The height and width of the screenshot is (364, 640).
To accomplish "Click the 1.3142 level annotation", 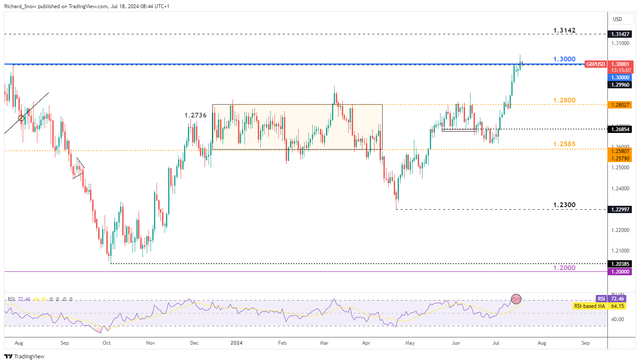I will coord(564,30).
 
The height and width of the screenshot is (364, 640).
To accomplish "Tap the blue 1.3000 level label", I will coord(564,59).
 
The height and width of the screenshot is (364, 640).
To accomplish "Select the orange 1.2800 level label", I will coord(564,100).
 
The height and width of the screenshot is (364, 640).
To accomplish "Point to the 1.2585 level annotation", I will coord(564,144).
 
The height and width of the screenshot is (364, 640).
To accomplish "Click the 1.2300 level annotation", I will coord(564,205).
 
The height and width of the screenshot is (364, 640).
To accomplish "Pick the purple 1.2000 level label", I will coord(564,268).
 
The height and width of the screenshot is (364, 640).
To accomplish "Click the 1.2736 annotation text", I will coord(196,115).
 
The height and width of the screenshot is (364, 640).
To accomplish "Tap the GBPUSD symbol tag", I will coord(595,64).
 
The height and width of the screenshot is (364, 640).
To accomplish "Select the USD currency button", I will coord(617,19).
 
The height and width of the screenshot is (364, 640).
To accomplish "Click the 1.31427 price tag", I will coord(620,34).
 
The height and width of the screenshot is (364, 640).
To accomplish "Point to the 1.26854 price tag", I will coord(620,129).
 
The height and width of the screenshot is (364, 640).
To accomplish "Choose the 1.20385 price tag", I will coord(620,264).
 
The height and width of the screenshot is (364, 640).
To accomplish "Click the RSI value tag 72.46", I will coord(618,299).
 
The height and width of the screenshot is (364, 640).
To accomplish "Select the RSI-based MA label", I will coord(589,306).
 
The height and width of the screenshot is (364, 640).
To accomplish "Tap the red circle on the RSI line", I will coord(516,298).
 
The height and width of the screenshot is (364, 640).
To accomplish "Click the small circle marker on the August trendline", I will coord(21,118).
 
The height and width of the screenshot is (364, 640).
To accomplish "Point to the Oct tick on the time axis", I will coord(106,343).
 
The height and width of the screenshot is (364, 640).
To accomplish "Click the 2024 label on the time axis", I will coord(236,343).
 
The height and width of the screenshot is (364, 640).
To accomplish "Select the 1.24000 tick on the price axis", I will coord(620,189).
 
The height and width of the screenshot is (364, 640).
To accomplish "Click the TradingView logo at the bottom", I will coord(24,356).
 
